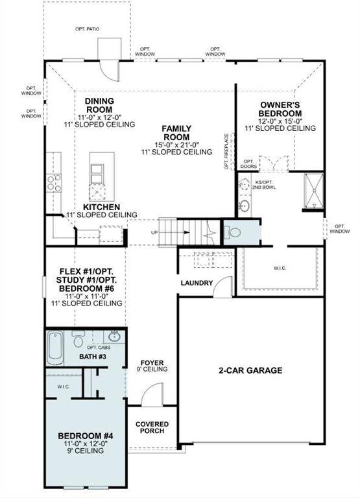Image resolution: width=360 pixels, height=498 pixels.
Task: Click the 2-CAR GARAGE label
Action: point(250,371)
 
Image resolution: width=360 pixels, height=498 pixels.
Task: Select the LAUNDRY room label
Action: point(197,283)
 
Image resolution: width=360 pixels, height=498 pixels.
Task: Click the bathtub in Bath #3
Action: point(54,348)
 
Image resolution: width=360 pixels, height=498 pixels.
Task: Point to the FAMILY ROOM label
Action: point(176,133)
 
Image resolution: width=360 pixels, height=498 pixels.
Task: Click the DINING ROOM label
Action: point(99,106)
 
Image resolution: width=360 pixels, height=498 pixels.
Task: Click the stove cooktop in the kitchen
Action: point(53,182)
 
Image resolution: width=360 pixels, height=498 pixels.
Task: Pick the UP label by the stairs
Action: point(154,232)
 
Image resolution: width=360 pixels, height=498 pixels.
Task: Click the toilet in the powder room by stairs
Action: point(233,231)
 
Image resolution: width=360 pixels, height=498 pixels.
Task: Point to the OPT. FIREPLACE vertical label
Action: point(226,151)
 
